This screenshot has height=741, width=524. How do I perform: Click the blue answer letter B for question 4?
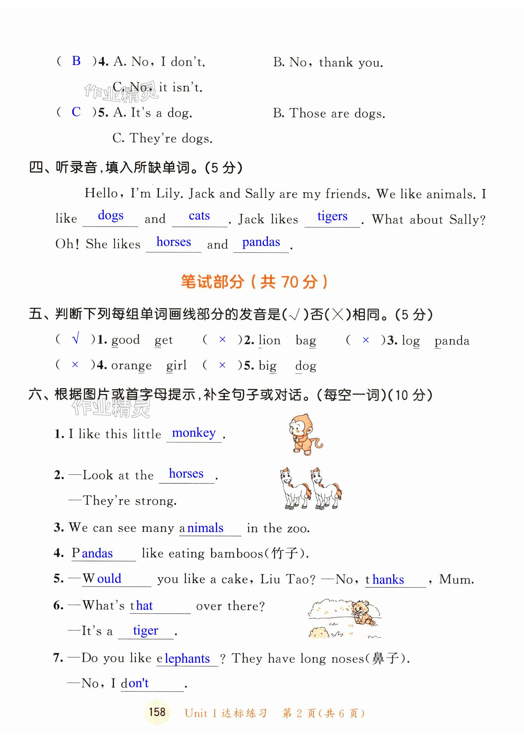click(x=76, y=61)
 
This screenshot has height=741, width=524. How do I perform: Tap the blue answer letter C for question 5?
click(x=76, y=112)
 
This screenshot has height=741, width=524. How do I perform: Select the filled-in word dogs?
click(x=110, y=215)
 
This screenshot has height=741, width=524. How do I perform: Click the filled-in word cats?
click(x=199, y=215)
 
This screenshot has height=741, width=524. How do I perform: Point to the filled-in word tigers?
click(x=332, y=216)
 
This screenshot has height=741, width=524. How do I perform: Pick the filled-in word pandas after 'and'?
click(x=261, y=242)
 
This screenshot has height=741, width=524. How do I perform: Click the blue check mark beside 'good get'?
click(x=76, y=339)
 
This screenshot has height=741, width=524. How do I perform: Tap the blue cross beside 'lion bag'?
click(x=222, y=340)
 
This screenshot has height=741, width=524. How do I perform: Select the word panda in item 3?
click(x=452, y=341)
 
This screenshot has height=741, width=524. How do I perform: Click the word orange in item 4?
click(x=131, y=365)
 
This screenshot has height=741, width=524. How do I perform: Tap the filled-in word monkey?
click(x=193, y=433)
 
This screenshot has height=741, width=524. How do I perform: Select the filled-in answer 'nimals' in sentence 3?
click(x=205, y=528)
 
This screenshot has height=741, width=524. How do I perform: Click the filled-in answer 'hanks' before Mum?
click(x=388, y=579)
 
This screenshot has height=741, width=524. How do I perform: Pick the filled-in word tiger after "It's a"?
click(x=145, y=630)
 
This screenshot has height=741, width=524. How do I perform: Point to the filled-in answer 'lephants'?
click(x=187, y=658)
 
